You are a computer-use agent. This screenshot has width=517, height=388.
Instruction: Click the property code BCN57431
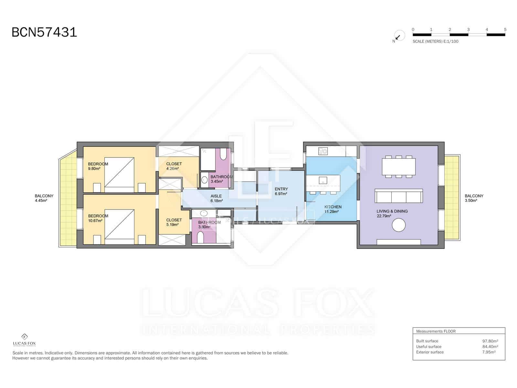click(44, 32)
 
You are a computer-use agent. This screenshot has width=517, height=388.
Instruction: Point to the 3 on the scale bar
click(468, 29)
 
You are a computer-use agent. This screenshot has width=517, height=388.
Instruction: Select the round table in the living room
click(398, 225)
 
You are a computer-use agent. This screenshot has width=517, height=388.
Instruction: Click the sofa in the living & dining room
click(398, 196)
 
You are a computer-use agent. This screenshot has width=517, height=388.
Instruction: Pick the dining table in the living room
click(398, 167)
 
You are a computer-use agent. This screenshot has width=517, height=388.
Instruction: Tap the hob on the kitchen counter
click(323, 151)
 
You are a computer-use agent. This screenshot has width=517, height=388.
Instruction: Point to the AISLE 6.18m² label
click(216, 198)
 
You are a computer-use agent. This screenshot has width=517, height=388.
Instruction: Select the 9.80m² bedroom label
click(98, 166)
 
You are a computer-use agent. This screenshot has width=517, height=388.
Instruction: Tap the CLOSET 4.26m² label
click(174, 166)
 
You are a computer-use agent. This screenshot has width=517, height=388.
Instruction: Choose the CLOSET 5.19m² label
click(174, 222)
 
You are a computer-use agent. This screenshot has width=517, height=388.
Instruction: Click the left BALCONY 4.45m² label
click(44, 198)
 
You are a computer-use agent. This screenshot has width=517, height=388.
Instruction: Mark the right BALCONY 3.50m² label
click(474, 198)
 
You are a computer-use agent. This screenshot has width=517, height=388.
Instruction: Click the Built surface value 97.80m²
click(490, 341)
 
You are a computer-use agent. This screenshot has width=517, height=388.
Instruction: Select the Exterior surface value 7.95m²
click(489, 352)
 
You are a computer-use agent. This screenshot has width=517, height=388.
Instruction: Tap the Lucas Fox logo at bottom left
click(24, 340)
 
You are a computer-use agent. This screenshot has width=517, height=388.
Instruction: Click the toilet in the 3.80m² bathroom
click(200, 239)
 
